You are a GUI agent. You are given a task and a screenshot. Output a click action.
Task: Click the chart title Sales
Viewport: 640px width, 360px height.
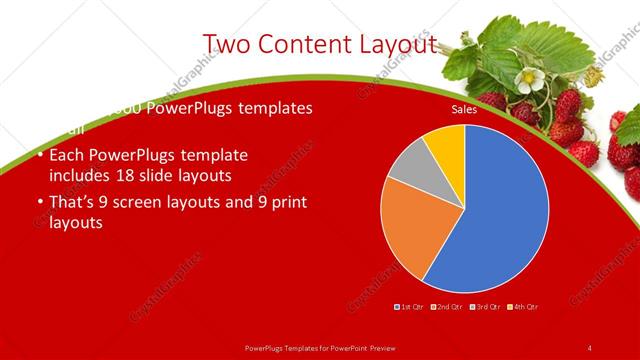[464, 110]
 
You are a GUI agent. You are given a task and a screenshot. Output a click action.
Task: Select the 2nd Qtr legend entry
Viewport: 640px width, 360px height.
[448, 306]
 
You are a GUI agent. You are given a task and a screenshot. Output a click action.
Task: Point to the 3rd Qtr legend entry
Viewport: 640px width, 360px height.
[485, 306]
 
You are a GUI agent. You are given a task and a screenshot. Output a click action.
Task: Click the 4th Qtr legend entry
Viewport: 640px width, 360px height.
[523, 306]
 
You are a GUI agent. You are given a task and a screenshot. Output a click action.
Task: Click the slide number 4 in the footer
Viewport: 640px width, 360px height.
[589, 348]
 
